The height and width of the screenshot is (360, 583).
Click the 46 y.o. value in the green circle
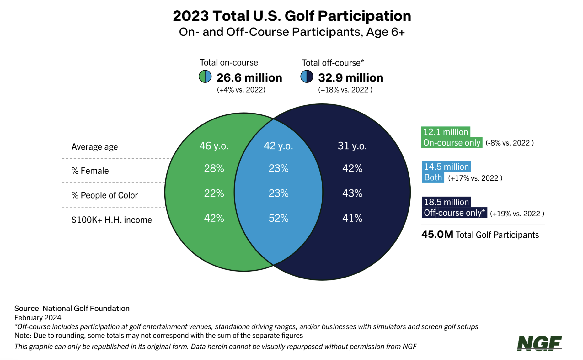coord(214,146)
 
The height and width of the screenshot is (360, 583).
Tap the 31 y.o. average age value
coord(352,146)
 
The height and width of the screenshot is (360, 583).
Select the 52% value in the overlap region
coord(278,218)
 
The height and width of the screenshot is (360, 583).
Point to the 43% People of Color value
coord(352,193)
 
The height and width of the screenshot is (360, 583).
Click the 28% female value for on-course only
coord(214,169)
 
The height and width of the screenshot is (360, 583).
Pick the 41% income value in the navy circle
coord(352,218)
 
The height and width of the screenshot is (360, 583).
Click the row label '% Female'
coord(90,171)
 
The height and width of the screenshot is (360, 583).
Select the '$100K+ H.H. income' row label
coord(111,220)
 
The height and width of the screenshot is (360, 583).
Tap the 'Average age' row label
coord(94,147)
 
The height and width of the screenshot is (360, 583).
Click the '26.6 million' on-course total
coord(249,78)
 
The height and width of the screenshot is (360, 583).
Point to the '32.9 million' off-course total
coord(350,78)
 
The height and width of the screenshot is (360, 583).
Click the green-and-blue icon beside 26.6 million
coord(205,77)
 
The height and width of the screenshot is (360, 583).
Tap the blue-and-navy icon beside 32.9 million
coord(307,77)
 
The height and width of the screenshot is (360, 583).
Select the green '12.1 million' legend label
coord(446,132)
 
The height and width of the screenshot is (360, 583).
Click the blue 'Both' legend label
coord(433,177)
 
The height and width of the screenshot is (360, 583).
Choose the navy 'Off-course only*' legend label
coord(454,213)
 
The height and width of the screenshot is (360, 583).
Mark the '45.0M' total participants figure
coord(437,235)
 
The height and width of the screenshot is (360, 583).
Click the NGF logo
coord(539,343)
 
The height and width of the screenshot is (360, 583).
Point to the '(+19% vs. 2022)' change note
coord(517,214)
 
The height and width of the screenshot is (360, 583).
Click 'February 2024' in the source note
coord(38,318)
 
